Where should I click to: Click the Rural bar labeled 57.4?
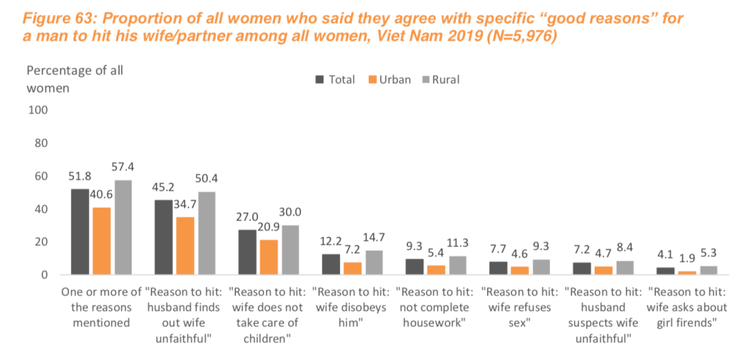(122, 228)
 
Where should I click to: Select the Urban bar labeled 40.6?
(102, 241)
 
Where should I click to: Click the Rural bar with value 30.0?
(290, 250)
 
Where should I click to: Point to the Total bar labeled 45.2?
(164, 237)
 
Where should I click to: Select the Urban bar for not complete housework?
(415, 269)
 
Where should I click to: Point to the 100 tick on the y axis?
(37, 110)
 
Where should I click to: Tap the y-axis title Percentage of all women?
(75, 79)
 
